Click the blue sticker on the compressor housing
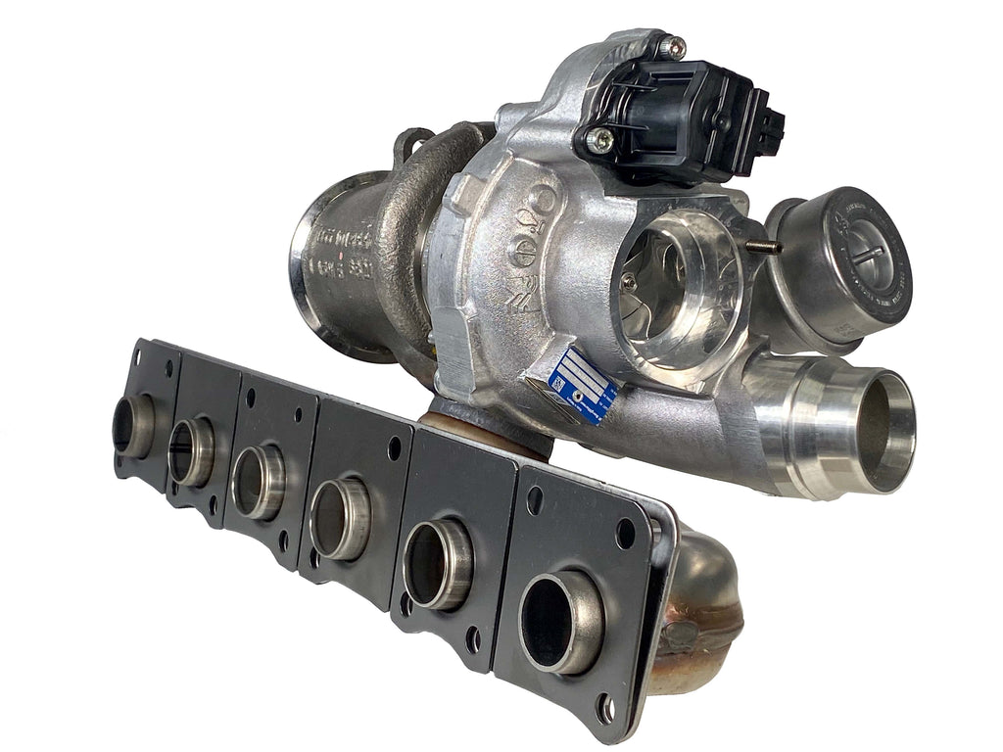pyautogui.click(x=582, y=383)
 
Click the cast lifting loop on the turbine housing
pyautogui.click(x=414, y=147)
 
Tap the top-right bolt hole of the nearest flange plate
pyautogui.click(x=625, y=534)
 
